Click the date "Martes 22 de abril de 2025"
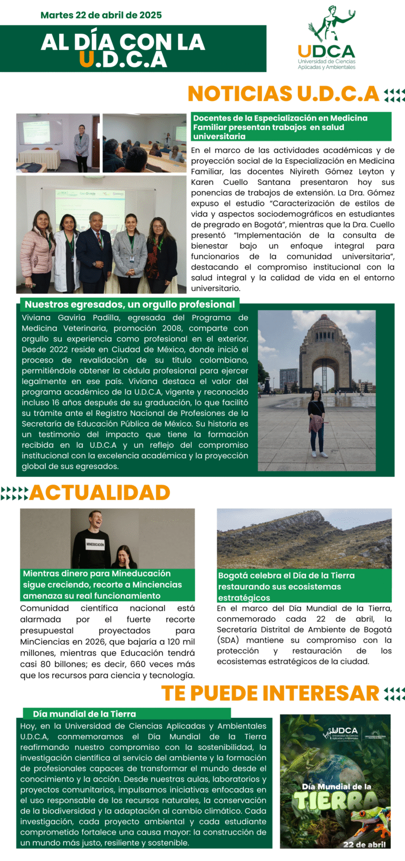point(101,15)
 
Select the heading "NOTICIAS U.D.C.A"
point(283,94)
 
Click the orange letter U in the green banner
point(86,60)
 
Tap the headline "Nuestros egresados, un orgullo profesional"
point(130,305)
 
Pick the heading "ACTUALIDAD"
point(100,492)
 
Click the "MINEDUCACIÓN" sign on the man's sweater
point(95,544)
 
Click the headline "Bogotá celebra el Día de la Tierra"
point(286,575)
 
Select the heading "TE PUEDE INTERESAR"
point(270,693)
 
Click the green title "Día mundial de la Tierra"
point(84,714)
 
